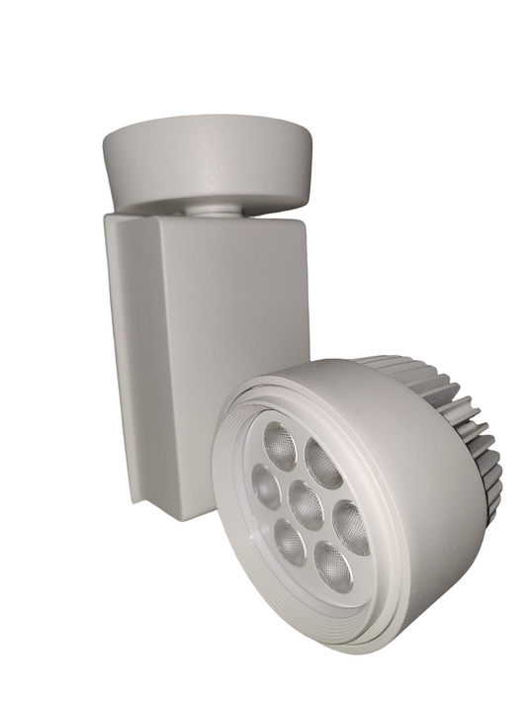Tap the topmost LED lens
pos(281,446)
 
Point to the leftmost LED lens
pos(266,485)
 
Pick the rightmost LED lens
pos(351,527)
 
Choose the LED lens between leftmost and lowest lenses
pos(290,542)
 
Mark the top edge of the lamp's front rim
pos(297,368)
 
